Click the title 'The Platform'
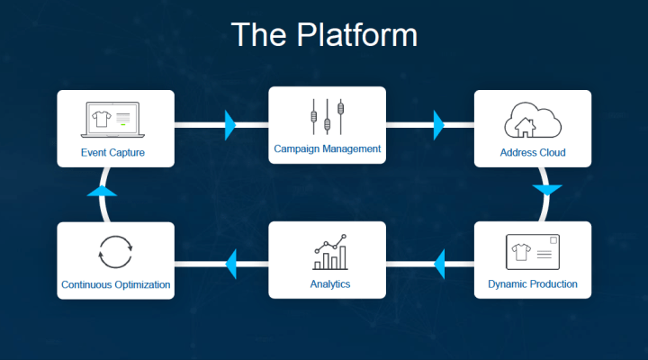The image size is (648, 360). (x=324, y=35)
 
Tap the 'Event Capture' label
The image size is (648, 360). (x=112, y=152)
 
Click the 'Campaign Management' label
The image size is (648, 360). (x=328, y=148)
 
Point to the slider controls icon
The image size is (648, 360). (x=327, y=116)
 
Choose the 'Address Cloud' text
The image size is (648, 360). (x=533, y=152)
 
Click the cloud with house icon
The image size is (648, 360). (x=532, y=120)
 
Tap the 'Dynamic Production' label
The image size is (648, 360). (x=533, y=284)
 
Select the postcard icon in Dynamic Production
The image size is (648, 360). (x=532, y=251)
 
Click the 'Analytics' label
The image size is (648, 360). (x=328, y=284)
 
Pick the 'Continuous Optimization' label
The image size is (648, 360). (x=116, y=284)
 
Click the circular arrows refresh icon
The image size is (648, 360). (x=115, y=251)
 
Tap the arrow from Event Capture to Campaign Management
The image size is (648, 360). (x=229, y=124)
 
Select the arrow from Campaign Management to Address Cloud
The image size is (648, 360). (x=438, y=124)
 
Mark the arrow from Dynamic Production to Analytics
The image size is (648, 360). (x=439, y=264)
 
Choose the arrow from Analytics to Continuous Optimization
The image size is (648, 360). (x=230, y=264)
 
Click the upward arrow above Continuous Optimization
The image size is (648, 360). (x=103, y=191)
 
